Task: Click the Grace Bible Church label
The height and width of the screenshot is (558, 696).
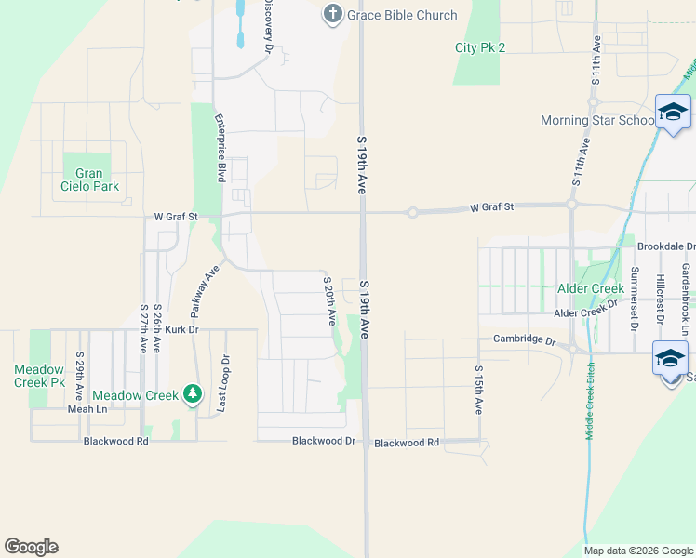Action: click(x=403, y=15)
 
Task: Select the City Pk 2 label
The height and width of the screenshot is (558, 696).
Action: click(x=480, y=47)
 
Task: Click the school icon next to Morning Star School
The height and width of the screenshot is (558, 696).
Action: click(x=672, y=113)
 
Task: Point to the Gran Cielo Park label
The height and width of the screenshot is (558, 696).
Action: click(x=89, y=179)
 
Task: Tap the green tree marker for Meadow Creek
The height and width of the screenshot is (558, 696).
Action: click(x=193, y=394)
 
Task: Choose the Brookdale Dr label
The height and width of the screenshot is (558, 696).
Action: click(x=666, y=246)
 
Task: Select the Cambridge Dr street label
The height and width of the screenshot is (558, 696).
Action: click(x=524, y=339)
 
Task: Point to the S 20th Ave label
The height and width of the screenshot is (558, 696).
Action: click(x=329, y=300)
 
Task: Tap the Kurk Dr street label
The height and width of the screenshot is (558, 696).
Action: click(x=182, y=329)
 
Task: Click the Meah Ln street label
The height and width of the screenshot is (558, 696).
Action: click(x=88, y=408)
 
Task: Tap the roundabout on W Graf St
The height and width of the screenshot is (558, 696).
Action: click(x=412, y=213)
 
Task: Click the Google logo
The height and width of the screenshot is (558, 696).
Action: click(x=31, y=547)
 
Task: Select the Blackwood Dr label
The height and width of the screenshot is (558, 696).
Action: click(x=324, y=441)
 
